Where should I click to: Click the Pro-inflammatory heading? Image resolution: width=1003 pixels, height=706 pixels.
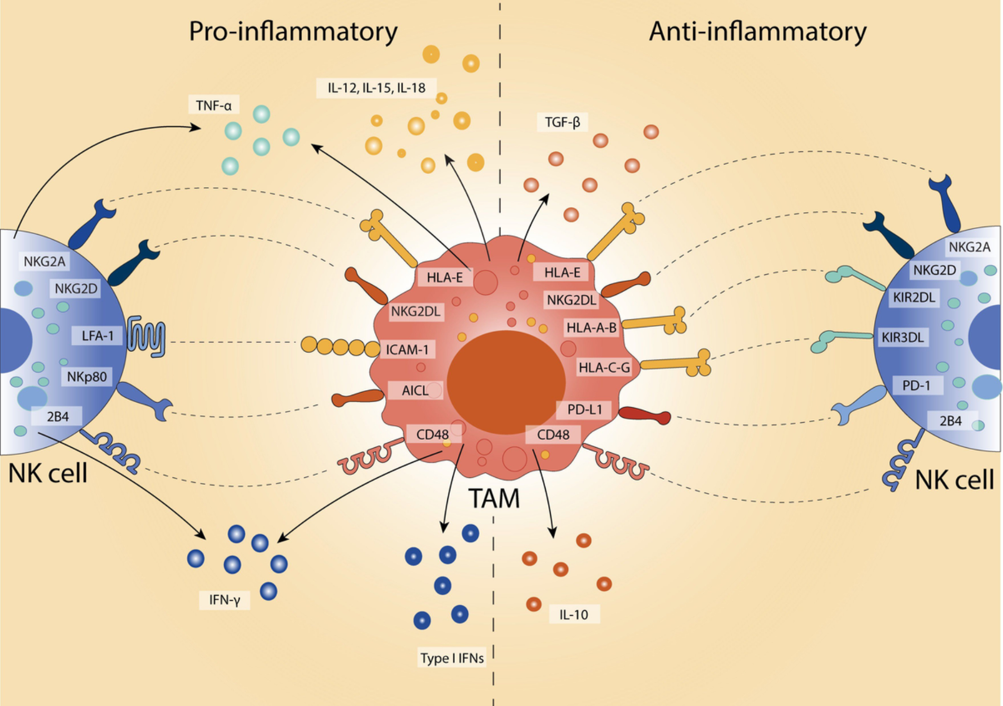[293, 32]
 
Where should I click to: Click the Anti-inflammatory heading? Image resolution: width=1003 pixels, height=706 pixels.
[757, 32]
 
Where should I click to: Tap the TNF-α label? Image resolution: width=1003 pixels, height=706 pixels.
[214, 105]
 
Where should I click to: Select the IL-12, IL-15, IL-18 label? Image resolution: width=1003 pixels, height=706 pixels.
[376, 88]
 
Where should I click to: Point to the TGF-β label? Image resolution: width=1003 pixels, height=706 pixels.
[562, 122]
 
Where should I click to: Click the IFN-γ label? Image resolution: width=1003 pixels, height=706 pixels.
[224, 600]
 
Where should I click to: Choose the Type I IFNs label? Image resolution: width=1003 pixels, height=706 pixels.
[452, 658]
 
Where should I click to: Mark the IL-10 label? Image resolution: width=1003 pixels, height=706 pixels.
[573, 614]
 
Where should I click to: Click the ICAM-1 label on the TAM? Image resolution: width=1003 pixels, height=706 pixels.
[407, 349]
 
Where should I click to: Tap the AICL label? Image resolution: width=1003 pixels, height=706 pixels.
[415, 390]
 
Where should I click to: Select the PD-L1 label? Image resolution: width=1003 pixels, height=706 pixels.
[584, 410]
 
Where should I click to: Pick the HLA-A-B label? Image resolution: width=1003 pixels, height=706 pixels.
[591, 328]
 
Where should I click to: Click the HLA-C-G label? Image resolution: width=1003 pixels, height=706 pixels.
[604, 368]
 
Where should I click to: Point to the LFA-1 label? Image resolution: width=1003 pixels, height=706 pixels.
[97, 335]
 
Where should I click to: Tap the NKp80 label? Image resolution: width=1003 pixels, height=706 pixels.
[87, 377]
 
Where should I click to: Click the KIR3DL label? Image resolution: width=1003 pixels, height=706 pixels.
[902, 337]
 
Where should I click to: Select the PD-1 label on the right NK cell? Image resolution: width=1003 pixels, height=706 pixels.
[916, 385]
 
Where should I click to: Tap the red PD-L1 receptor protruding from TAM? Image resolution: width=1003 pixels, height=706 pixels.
[645, 415]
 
